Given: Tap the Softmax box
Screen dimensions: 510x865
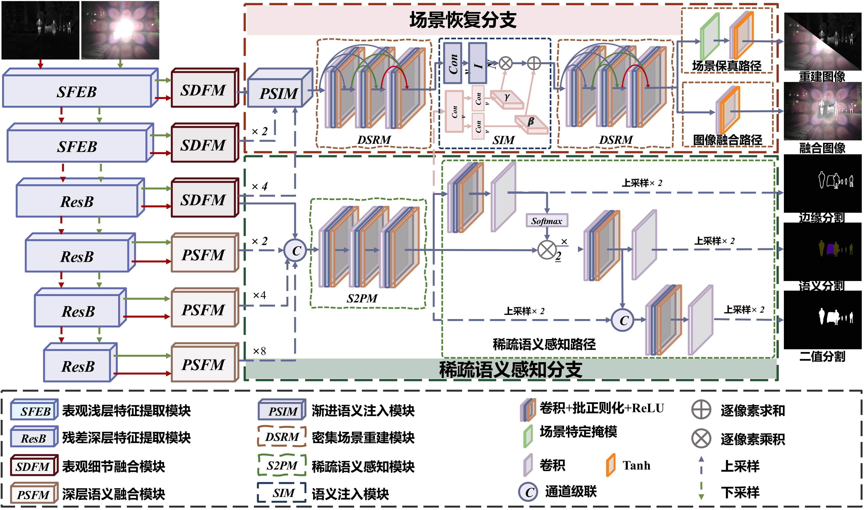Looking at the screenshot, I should (x=547, y=221).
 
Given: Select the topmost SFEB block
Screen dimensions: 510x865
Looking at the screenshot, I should (x=77, y=91).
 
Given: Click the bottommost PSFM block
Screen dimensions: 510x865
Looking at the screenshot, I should (x=203, y=364).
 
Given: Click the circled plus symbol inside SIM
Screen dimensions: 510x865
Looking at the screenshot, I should (x=534, y=63).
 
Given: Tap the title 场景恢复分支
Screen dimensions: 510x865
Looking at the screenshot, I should (x=463, y=20).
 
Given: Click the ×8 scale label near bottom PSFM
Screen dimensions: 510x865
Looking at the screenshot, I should (x=259, y=351).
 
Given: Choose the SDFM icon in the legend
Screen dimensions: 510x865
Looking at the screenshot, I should (x=33, y=466).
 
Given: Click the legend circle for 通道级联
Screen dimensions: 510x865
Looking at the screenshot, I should (x=529, y=492).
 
